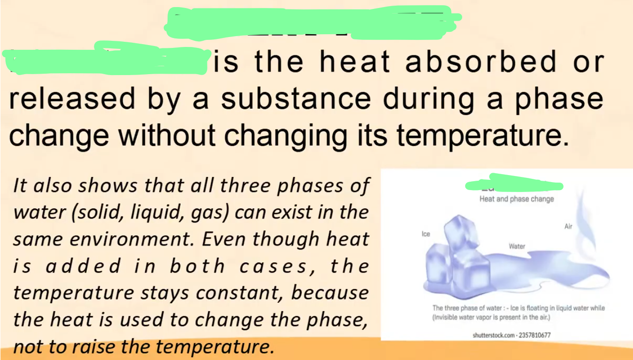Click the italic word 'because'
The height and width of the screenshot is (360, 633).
click(x=330, y=293)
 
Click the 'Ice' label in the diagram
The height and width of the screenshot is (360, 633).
click(x=426, y=233)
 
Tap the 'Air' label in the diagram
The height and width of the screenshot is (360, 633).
click(x=568, y=227)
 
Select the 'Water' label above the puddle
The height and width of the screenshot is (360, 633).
click(x=517, y=246)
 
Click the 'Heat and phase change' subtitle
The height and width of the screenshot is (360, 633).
click(x=517, y=199)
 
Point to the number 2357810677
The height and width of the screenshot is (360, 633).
click(x=534, y=336)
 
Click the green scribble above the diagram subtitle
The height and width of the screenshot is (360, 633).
click(x=513, y=184)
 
